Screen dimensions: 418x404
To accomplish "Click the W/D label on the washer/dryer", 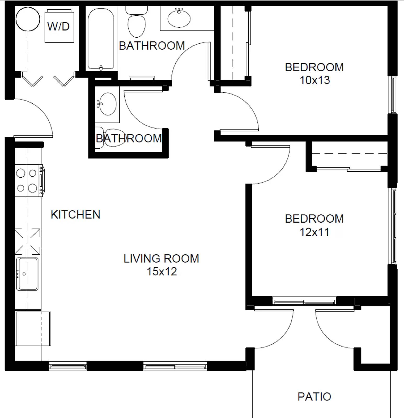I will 58,26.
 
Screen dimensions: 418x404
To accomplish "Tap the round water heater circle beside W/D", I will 28,19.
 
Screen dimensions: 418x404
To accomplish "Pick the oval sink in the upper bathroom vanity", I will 179,18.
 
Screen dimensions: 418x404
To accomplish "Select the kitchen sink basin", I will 27,274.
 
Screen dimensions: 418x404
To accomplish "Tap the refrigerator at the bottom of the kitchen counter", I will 33,328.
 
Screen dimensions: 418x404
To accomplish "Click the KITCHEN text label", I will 75,214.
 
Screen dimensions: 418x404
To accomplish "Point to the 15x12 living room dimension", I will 161,271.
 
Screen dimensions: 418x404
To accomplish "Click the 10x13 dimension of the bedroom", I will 314,80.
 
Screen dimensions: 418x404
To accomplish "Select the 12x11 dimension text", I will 314,232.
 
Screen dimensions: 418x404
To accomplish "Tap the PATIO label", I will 314,397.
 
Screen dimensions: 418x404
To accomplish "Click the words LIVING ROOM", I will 161,259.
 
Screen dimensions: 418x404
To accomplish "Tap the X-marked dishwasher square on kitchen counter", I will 27,241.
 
